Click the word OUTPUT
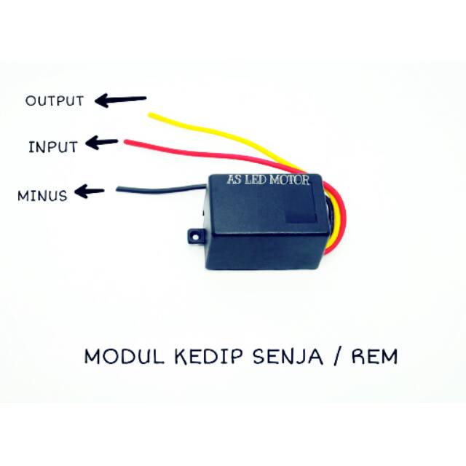pyautogui.click(x=55, y=101)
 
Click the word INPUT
pyautogui.click(x=52, y=146)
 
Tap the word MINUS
pyautogui.click(x=43, y=195)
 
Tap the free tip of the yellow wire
pyautogui.click(x=151, y=114)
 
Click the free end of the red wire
pyautogui.click(x=127, y=141)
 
